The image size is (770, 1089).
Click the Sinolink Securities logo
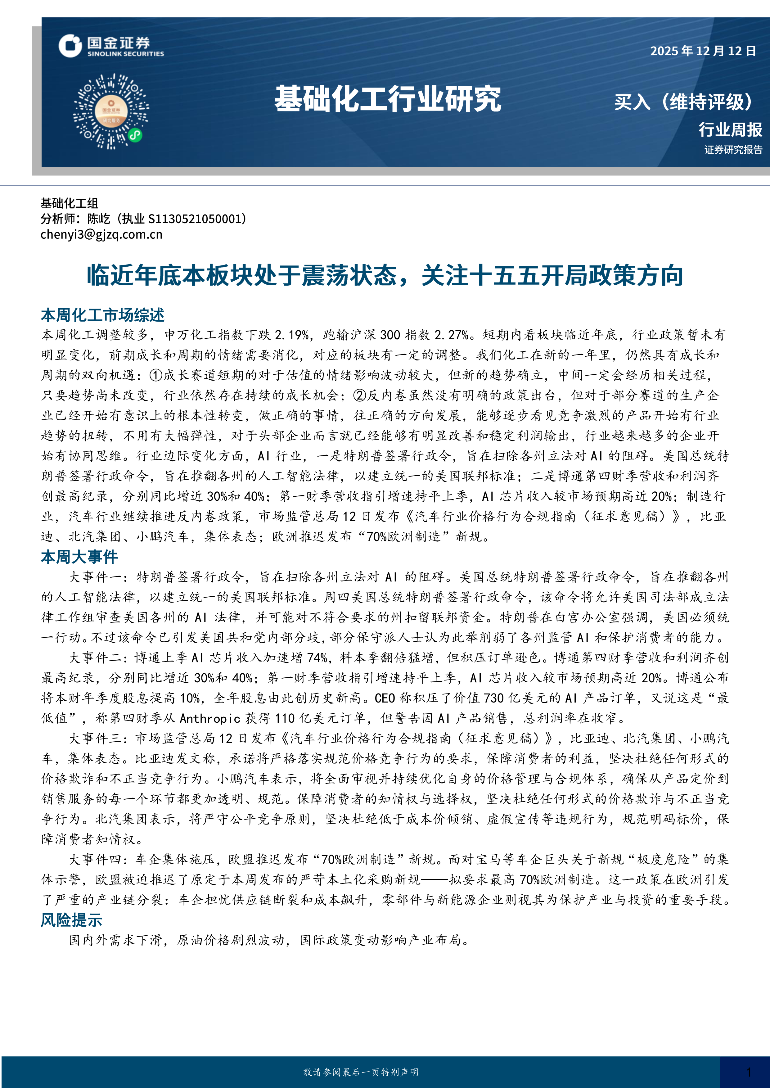click(x=111, y=46)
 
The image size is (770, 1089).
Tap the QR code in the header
click(x=111, y=111)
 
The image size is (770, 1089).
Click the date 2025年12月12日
click(x=703, y=51)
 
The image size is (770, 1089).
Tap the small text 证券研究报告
click(x=733, y=150)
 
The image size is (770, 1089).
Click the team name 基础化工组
click(x=69, y=203)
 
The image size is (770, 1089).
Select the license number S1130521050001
click(x=195, y=219)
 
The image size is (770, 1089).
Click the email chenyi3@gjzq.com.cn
click(x=101, y=234)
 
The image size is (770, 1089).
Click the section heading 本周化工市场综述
click(x=102, y=315)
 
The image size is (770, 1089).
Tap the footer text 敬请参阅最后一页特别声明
click(x=361, y=1072)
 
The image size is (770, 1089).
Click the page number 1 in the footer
click(x=749, y=1072)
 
